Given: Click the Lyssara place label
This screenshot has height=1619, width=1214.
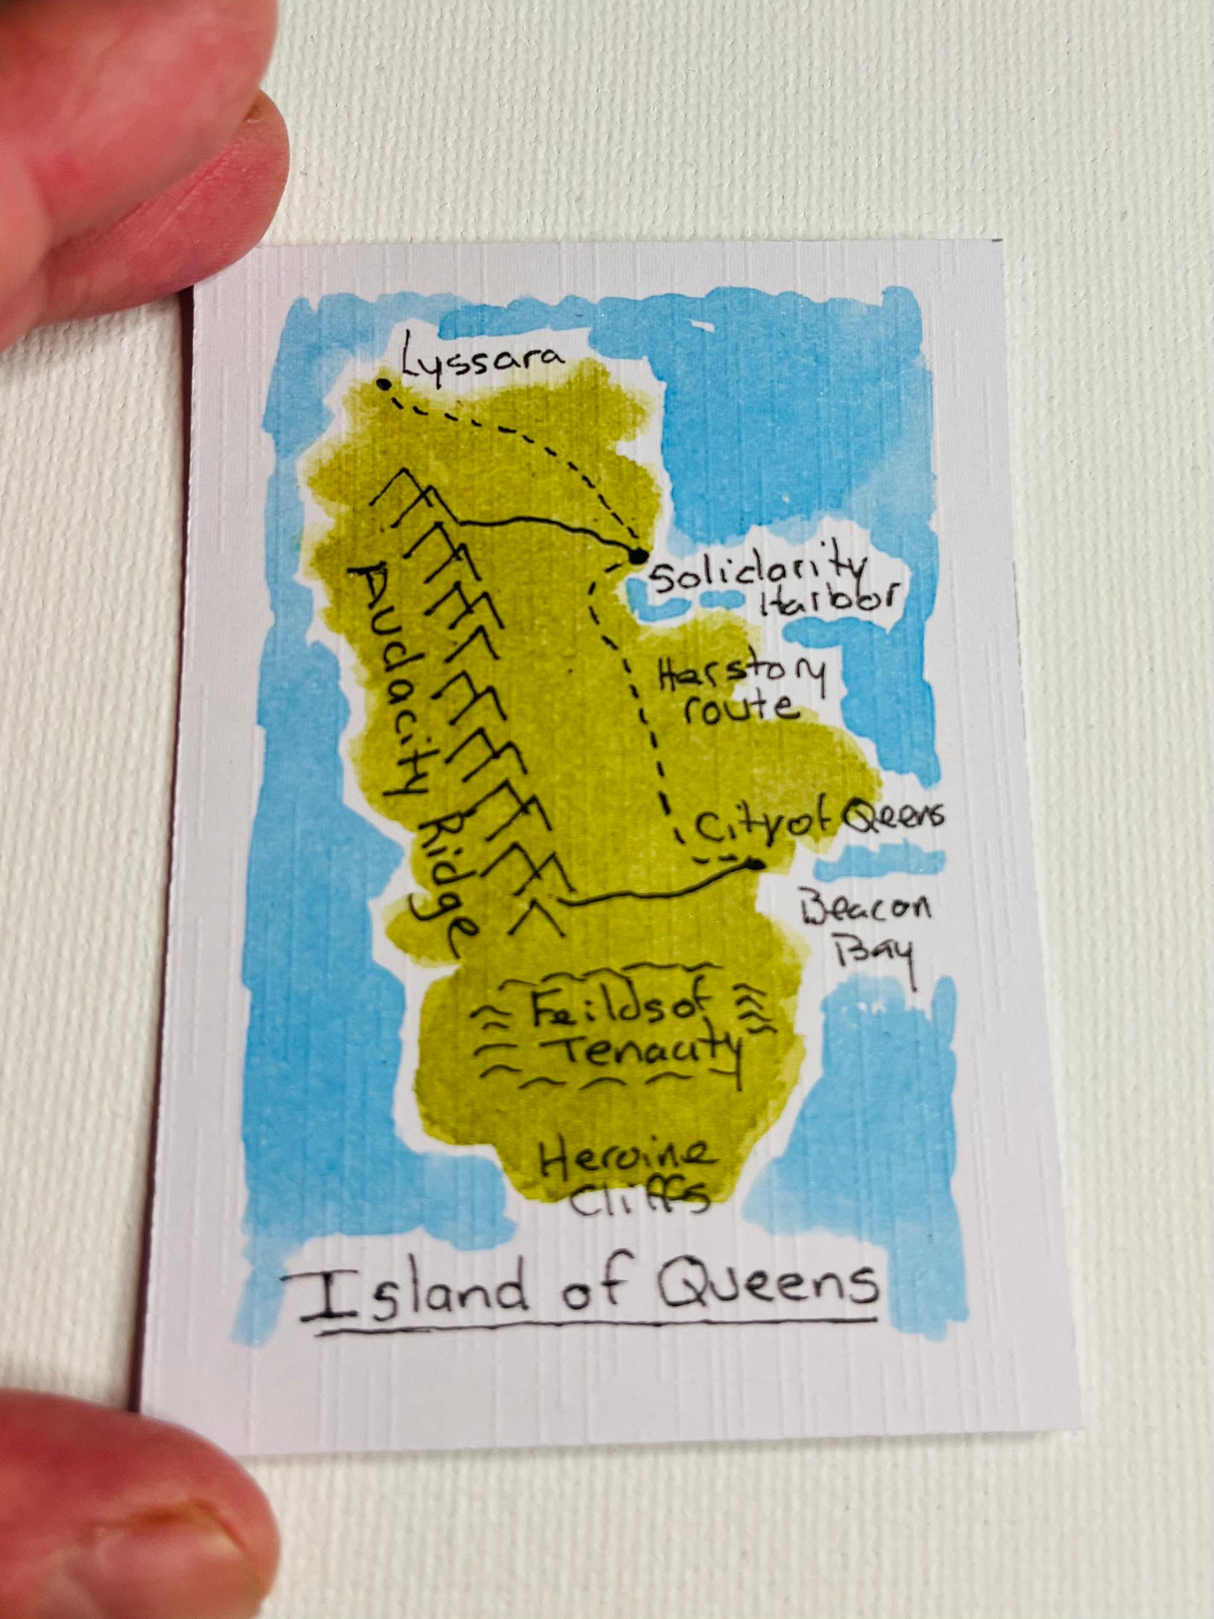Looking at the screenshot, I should point(481,360).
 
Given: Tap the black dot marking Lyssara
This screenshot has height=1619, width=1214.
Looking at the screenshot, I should point(384,384).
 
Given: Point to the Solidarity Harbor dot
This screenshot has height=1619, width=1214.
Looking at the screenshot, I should point(637,555).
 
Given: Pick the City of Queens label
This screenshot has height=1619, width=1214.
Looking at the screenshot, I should point(818,824).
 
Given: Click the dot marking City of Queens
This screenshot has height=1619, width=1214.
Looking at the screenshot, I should point(757,864).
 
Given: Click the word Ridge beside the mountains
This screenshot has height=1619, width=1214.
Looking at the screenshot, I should point(445,882).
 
